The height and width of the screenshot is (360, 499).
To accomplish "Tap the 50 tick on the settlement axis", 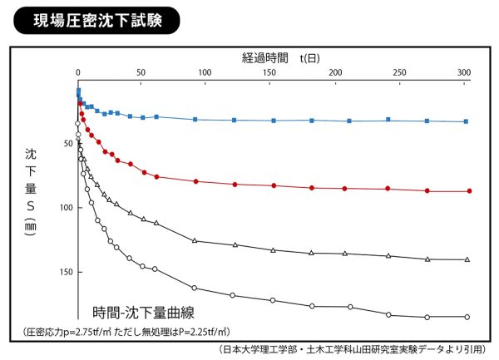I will [x=68, y=144].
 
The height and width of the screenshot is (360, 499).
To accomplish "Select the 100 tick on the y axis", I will [x=66, y=208].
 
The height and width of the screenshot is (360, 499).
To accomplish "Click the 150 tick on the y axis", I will [x=66, y=272].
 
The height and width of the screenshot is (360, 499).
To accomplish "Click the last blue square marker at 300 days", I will [x=466, y=121].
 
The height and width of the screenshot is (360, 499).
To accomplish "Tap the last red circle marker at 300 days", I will [x=469, y=191].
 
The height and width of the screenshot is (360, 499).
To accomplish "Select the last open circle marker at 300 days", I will [x=467, y=317].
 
